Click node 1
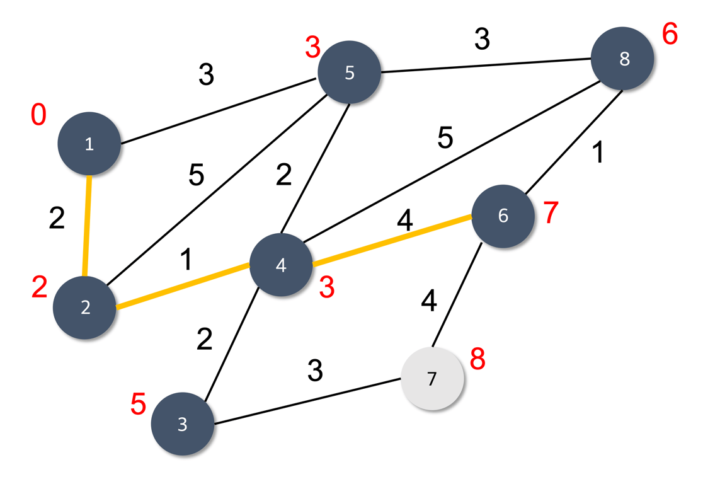click(x=89, y=144)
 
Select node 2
click(x=85, y=308)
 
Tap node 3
click(x=183, y=423)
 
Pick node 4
click(x=281, y=265)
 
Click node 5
click(x=350, y=73)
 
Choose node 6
click(x=503, y=216)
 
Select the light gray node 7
click(x=432, y=379)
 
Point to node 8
click(x=624, y=59)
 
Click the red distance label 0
click(x=38, y=116)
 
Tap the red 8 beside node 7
click(x=478, y=360)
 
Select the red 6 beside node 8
click(x=670, y=35)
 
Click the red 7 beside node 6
click(x=551, y=214)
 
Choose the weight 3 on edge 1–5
click(x=206, y=76)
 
